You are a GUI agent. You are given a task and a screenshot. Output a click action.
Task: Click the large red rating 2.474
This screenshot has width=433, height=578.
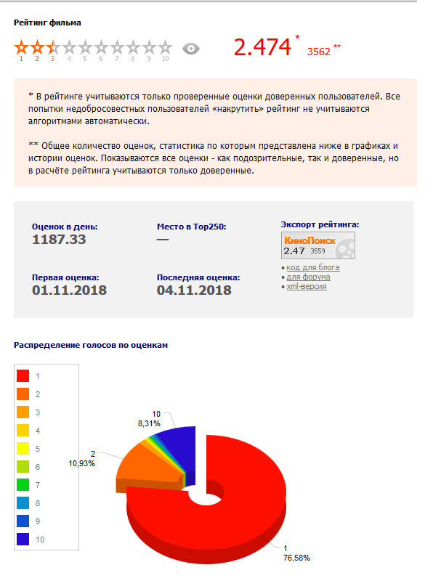tap(262, 47)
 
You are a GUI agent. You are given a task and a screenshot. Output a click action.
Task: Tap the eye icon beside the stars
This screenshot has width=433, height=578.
tap(191, 49)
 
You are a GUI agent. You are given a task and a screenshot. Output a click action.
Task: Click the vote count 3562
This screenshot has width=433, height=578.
tap(318, 52)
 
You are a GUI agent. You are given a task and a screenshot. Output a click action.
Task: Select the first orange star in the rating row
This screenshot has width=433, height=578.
tap(21, 48)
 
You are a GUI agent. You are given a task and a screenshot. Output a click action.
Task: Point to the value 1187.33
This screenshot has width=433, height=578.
tap(59, 240)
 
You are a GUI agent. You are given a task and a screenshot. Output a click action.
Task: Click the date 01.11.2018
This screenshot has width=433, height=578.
tap(69, 290)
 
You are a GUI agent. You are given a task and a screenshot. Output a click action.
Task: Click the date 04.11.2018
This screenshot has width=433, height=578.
tap(194, 290)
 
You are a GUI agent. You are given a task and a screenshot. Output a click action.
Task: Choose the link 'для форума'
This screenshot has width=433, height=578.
tap(308, 277)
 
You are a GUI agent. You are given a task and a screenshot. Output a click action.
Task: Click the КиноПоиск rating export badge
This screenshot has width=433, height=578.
tap(319, 246)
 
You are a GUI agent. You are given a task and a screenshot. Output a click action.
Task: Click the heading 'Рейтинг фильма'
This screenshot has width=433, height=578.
tap(47, 23)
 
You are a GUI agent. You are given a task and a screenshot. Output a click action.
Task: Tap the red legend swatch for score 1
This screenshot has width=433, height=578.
tap(23, 375)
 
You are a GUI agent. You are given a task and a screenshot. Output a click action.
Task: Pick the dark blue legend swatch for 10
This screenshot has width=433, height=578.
tap(23, 540)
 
